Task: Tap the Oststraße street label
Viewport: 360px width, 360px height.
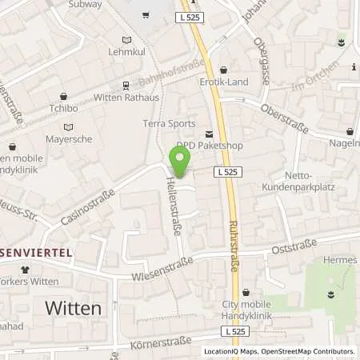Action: (x=286, y=249)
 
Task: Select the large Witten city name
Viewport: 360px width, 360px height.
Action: (x=74, y=308)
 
